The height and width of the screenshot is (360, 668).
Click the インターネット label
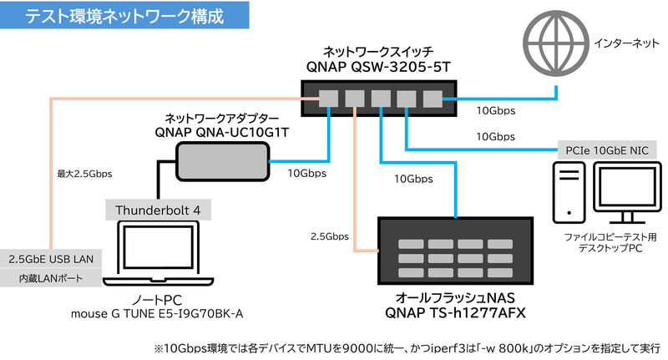(625, 42)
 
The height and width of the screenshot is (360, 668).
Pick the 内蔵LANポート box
(51, 278)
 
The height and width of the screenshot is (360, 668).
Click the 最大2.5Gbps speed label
(84, 175)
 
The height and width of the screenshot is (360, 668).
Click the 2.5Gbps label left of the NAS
(328, 237)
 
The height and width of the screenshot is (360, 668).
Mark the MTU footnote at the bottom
(407, 346)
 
